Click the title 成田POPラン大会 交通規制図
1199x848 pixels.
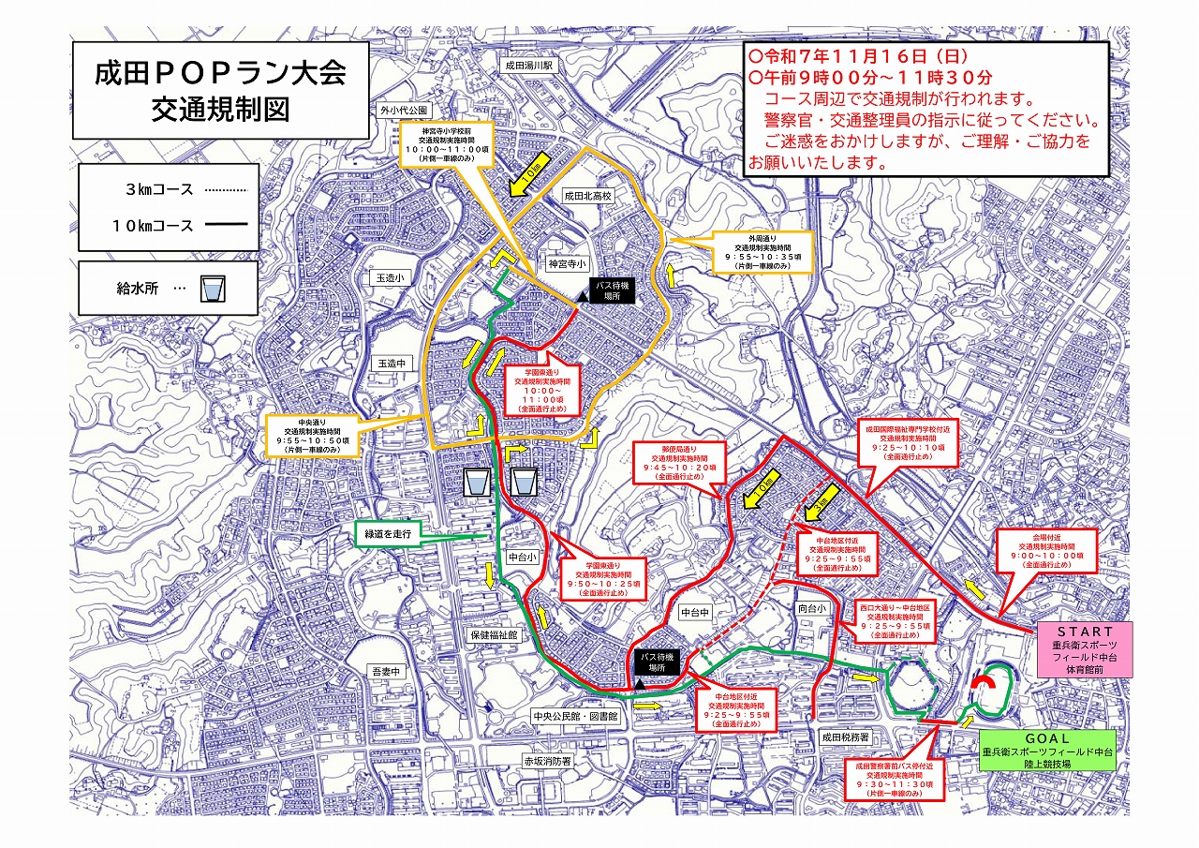[220, 90]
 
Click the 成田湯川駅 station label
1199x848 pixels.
[531, 67]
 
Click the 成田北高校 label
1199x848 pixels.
[586, 197]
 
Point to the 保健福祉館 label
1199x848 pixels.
[494, 634]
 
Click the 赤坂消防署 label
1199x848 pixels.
[548, 762]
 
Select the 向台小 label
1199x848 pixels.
[813, 609]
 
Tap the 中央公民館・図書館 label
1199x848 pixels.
[575, 717]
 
